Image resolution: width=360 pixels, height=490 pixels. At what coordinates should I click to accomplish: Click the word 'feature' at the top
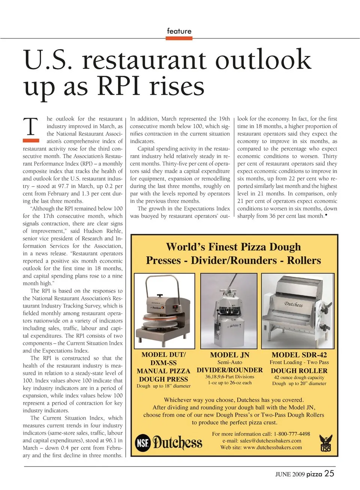click(179, 31)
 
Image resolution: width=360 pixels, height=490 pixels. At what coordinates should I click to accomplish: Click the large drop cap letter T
click(31, 127)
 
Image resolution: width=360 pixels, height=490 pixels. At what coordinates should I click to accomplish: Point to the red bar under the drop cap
click(31, 141)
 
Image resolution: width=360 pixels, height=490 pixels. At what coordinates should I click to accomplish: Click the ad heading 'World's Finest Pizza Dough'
click(233, 247)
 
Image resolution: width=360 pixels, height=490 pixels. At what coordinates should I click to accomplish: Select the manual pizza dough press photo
click(164, 311)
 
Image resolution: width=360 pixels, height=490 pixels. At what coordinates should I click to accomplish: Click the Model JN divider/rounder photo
click(229, 311)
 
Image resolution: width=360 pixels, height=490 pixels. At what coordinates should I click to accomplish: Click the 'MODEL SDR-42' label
click(299, 355)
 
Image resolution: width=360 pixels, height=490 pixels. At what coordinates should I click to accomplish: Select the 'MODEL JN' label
click(229, 355)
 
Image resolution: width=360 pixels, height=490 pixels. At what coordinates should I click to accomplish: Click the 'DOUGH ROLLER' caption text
click(299, 370)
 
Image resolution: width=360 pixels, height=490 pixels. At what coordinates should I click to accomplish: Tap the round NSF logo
click(142, 443)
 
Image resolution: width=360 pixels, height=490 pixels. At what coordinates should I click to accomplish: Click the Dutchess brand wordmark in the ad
click(177, 443)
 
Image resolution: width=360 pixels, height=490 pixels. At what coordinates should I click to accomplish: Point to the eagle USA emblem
click(325, 443)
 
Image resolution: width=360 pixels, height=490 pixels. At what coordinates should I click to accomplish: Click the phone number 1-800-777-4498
click(292, 434)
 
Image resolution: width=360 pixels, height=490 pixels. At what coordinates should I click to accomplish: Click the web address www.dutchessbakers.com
click(273, 447)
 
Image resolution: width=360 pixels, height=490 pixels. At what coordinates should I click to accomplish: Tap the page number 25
click(329, 474)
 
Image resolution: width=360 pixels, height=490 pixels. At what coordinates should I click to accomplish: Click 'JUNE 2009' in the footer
click(290, 474)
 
